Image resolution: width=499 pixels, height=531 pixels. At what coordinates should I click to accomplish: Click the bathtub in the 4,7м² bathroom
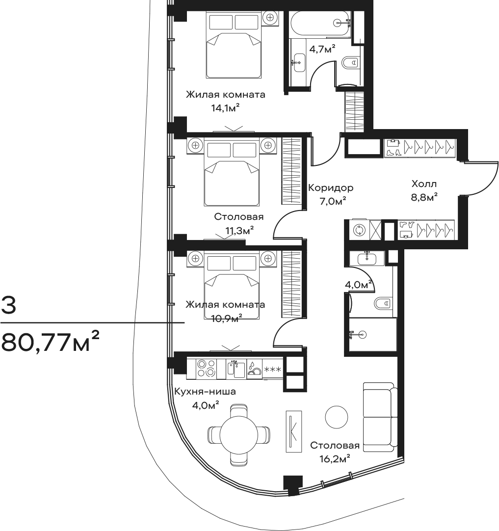[x=320, y=23]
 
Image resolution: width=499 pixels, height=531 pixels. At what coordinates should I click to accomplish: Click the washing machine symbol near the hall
[x=358, y=230]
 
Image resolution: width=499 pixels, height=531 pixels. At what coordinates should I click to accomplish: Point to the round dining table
[x=239, y=434]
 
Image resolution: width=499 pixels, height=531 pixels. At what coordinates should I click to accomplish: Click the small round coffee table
[x=337, y=417]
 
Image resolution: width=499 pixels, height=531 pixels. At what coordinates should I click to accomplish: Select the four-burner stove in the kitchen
[x=206, y=369]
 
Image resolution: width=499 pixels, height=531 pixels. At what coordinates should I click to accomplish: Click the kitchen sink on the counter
[x=236, y=369]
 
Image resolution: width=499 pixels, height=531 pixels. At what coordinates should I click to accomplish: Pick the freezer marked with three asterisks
[x=272, y=369]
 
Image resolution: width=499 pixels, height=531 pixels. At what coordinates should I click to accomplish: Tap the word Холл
[x=424, y=184]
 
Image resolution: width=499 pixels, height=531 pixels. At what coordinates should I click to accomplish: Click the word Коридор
[x=331, y=188]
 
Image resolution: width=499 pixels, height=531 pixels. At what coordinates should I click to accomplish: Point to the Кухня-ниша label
[x=205, y=392]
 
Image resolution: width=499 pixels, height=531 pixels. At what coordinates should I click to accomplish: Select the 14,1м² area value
[x=226, y=108]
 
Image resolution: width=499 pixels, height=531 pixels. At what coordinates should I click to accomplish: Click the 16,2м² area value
[x=335, y=459]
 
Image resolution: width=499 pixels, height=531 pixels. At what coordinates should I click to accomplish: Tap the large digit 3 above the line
[x=8, y=305]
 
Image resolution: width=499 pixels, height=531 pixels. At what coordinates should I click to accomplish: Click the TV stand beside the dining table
[x=293, y=431]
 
